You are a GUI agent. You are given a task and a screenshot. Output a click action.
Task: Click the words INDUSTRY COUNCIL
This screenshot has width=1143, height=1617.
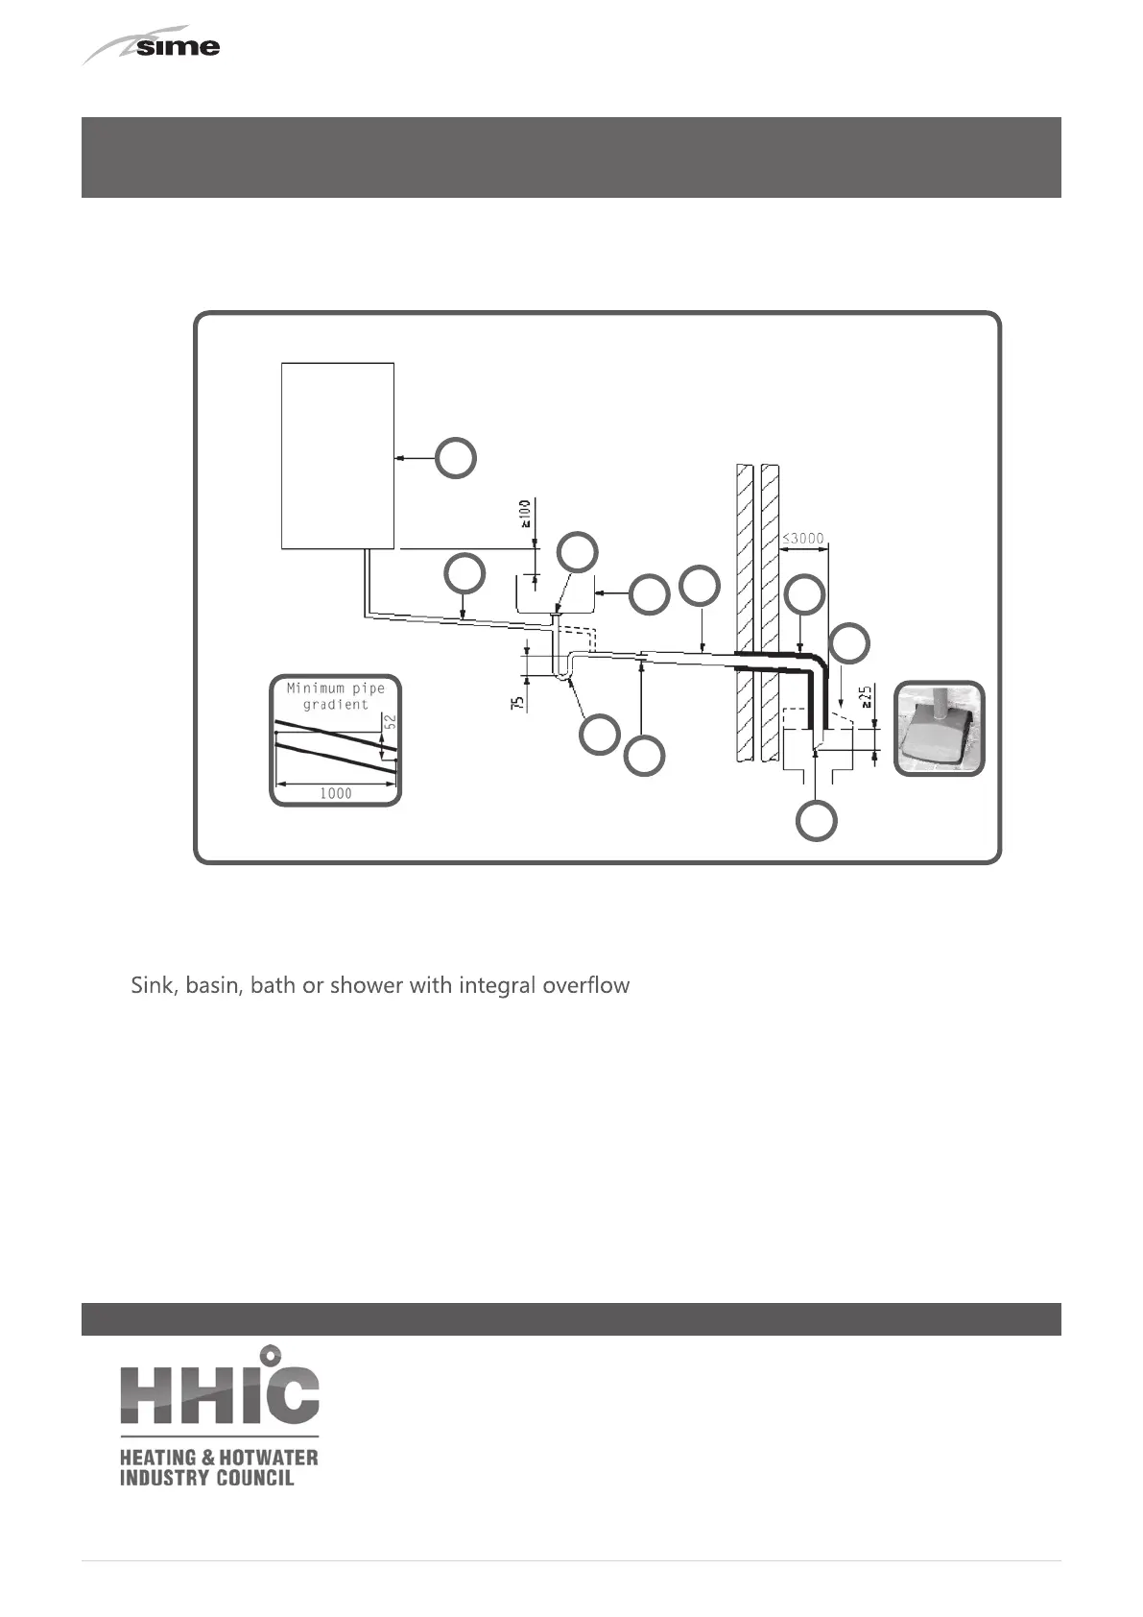tap(206, 1478)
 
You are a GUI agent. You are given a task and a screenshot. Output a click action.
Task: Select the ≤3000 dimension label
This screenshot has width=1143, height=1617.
tap(803, 539)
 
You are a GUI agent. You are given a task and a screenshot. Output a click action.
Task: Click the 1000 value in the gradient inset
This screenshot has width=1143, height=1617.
tap(335, 793)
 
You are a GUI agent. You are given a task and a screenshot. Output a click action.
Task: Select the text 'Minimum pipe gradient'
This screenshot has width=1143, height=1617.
tap(336, 696)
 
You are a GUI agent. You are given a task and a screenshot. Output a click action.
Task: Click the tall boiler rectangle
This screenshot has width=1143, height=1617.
tap(338, 455)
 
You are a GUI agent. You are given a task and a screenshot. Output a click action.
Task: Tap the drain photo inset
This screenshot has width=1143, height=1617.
tap(939, 728)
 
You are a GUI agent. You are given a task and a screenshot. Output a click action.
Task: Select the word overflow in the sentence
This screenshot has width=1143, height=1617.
tap(590, 985)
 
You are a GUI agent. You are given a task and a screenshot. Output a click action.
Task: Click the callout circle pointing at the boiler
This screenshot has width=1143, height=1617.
tap(456, 459)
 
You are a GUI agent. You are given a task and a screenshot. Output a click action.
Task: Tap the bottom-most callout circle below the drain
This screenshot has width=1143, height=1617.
tap(816, 822)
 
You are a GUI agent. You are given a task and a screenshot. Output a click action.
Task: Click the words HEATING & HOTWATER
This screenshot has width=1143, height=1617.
tap(218, 1458)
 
